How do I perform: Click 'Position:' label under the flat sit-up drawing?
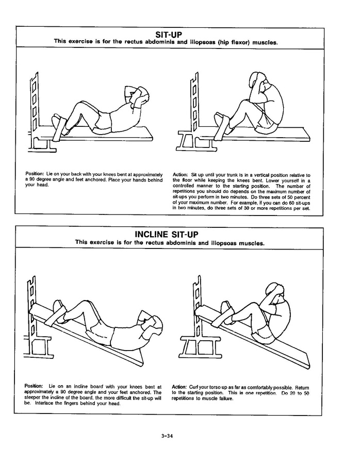[35, 175]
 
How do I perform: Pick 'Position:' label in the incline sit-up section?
[34, 387]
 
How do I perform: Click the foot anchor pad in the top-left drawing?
[60, 126]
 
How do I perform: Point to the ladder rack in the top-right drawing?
[194, 103]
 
